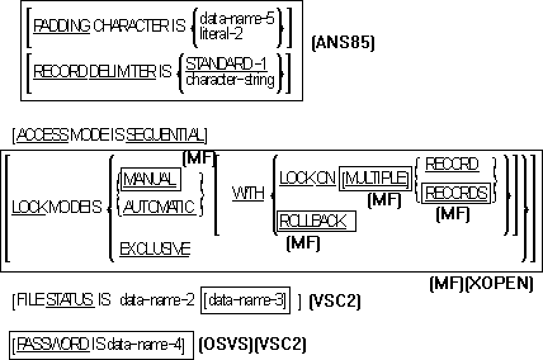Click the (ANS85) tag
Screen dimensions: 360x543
[343, 43]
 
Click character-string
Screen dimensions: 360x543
[230, 79]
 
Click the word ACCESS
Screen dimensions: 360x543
[43, 135]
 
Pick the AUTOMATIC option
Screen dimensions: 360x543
[159, 207]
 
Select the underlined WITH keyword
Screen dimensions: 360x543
[248, 193]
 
